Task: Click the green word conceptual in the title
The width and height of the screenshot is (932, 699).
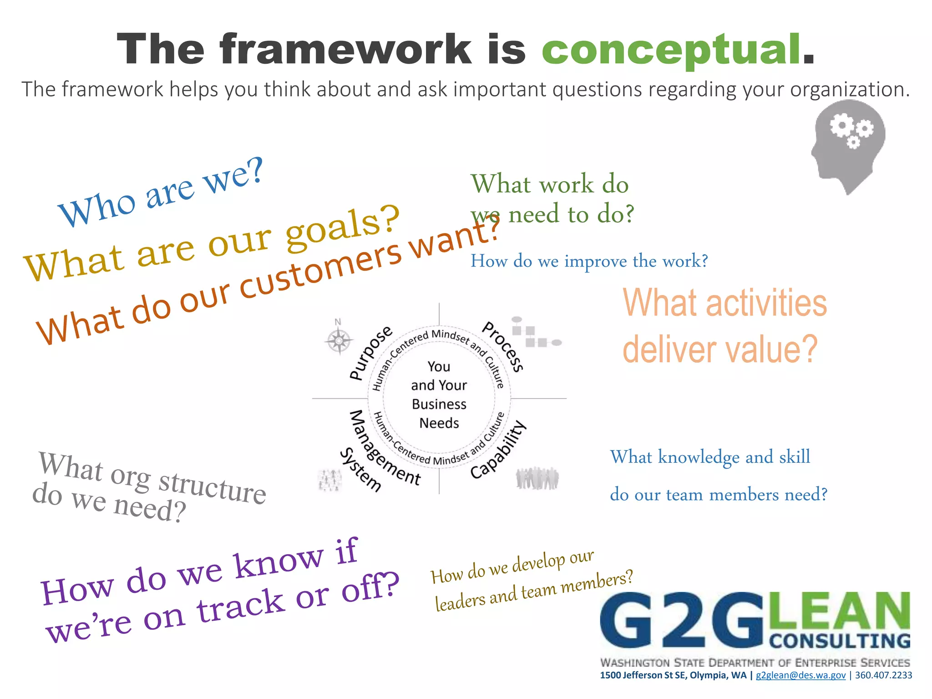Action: [x=671, y=50]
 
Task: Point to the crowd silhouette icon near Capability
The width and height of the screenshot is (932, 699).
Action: [x=537, y=478]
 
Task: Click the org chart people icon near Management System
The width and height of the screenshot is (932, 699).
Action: [x=329, y=480]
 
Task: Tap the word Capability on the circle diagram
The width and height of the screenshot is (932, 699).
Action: [x=499, y=451]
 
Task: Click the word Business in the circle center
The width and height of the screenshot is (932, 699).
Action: [x=439, y=404]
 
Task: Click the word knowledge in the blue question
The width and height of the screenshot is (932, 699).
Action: [x=699, y=457]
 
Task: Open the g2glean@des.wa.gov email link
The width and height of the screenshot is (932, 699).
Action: [x=800, y=675]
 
